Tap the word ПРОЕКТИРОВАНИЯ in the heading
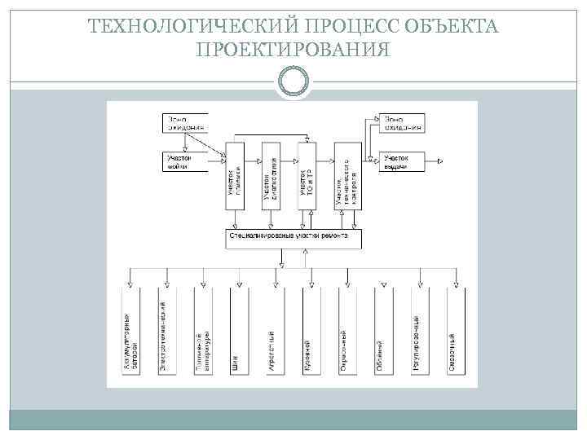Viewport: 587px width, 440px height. [293, 51]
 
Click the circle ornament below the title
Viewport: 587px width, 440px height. [293, 81]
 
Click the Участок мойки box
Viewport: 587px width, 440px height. [183, 161]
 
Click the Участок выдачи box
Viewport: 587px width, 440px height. [399, 161]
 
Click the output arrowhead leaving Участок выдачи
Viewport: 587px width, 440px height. [440, 161]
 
